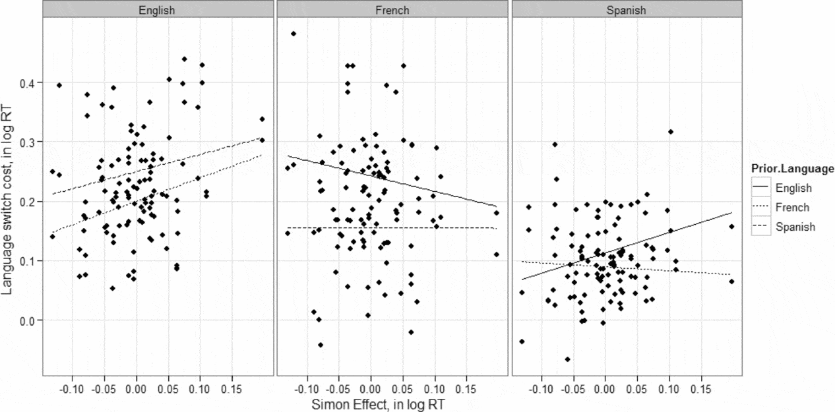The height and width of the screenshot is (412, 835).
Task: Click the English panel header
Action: [156, 10]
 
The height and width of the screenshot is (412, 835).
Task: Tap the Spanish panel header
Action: [627, 10]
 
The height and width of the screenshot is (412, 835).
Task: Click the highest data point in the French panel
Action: [294, 34]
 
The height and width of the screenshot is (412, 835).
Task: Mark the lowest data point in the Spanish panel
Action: [567, 359]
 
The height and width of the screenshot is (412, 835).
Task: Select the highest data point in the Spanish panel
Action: [671, 132]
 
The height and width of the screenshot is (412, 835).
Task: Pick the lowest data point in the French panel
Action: [321, 345]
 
